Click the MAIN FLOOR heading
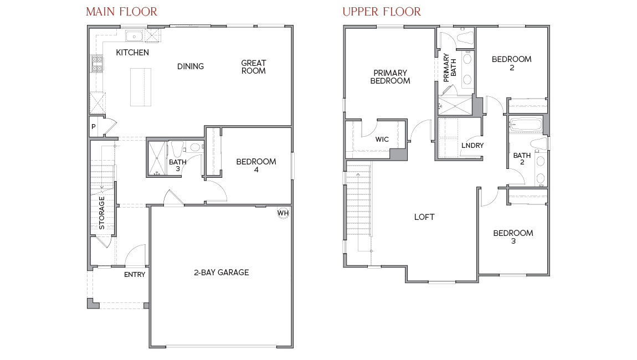click(x=121, y=12)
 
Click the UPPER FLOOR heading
click(x=381, y=12)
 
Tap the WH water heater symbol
click(x=282, y=213)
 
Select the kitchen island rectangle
click(x=141, y=87)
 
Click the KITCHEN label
click(x=132, y=53)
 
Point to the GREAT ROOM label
click(x=253, y=67)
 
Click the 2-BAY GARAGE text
click(x=221, y=272)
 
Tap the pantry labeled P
click(x=94, y=126)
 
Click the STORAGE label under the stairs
click(x=102, y=213)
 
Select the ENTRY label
click(x=135, y=275)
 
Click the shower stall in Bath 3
click(x=156, y=158)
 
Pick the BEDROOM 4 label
click(x=256, y=166)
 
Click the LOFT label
click(x=424, y=217)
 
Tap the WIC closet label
click(x=382, y=140)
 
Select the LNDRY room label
click(x=472, y=146)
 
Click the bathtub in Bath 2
click(x=526, y=125)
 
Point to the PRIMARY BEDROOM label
click(x=390, y=77)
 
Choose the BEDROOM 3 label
click(x=513, y=237)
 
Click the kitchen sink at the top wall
click(x=134, y=37)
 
